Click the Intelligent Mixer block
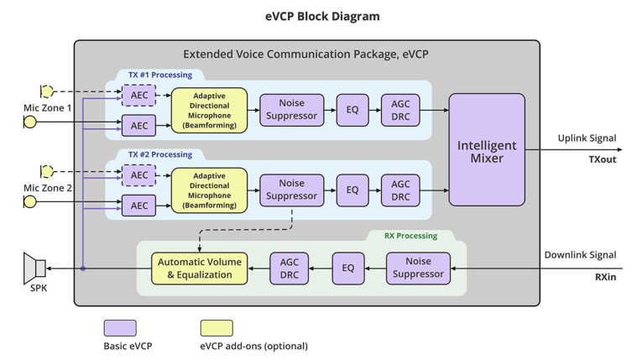[486, 150]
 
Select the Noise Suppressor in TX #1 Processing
[289, 109]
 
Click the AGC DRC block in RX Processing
[290, 269]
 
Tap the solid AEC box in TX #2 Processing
[138, 206]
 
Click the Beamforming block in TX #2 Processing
[209, 190]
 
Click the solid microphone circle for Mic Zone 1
[29, 123]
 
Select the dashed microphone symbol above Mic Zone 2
[47, 171]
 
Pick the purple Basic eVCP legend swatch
[120, 327]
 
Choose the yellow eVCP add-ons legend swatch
[217, 327]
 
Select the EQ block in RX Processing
[347, 269]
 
